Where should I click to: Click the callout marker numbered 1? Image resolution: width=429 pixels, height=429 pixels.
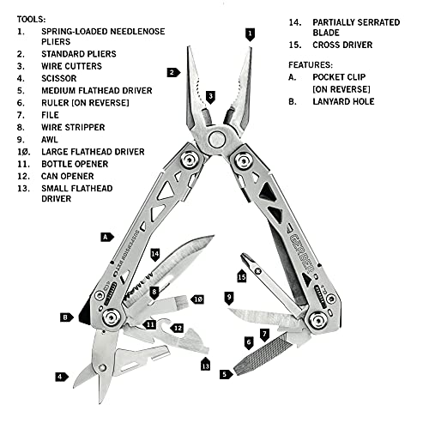click(x=250, y=34)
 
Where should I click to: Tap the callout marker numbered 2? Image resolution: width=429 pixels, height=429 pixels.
click(x=172, y=73)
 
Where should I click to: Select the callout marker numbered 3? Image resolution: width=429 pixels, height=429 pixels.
click(x=210, y=96)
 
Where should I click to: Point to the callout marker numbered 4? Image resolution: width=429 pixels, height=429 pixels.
click(x=60, y=376)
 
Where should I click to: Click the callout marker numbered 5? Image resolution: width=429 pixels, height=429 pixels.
click(x=225, y=373)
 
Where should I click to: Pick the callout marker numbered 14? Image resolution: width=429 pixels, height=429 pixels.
click(x=155, y=254)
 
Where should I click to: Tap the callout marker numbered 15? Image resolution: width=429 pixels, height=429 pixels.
click(x=242, y=276)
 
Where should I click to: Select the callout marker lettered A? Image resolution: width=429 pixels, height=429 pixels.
click(x=105, y=235)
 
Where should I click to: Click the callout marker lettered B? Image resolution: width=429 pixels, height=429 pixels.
click(x=66, y=317)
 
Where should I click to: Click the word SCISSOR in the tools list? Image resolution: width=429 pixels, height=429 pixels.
click(x=57, y=75)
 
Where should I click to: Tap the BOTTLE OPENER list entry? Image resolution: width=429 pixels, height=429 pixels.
click(x=78, y=164)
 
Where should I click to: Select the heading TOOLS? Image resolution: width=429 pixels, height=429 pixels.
click(x=32, y=18)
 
